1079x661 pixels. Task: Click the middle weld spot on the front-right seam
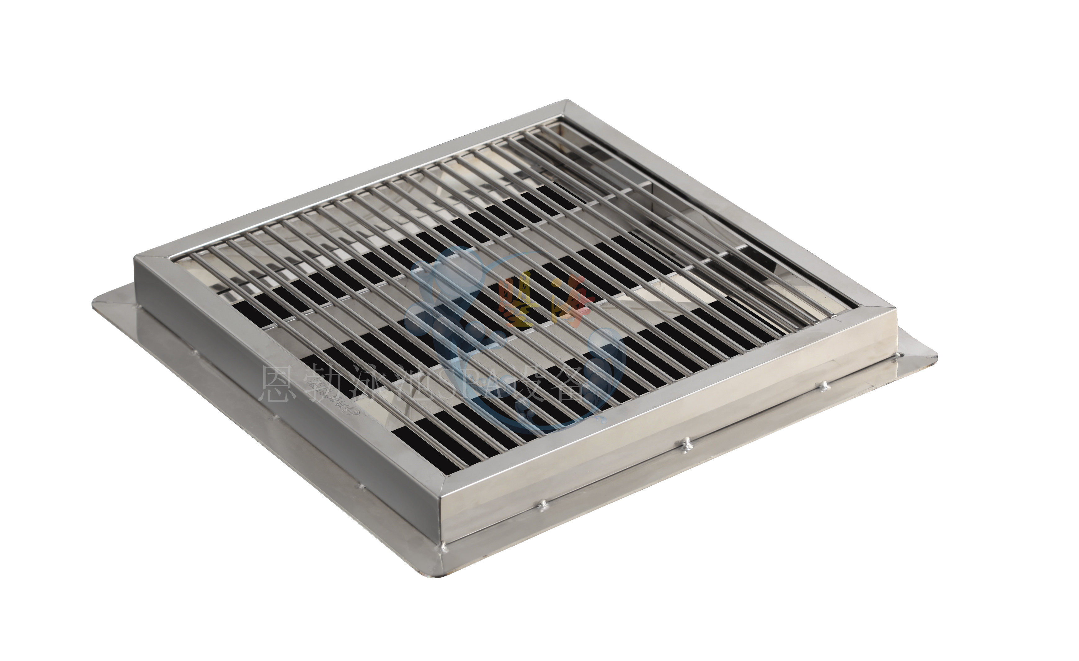(x=686, y=442)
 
